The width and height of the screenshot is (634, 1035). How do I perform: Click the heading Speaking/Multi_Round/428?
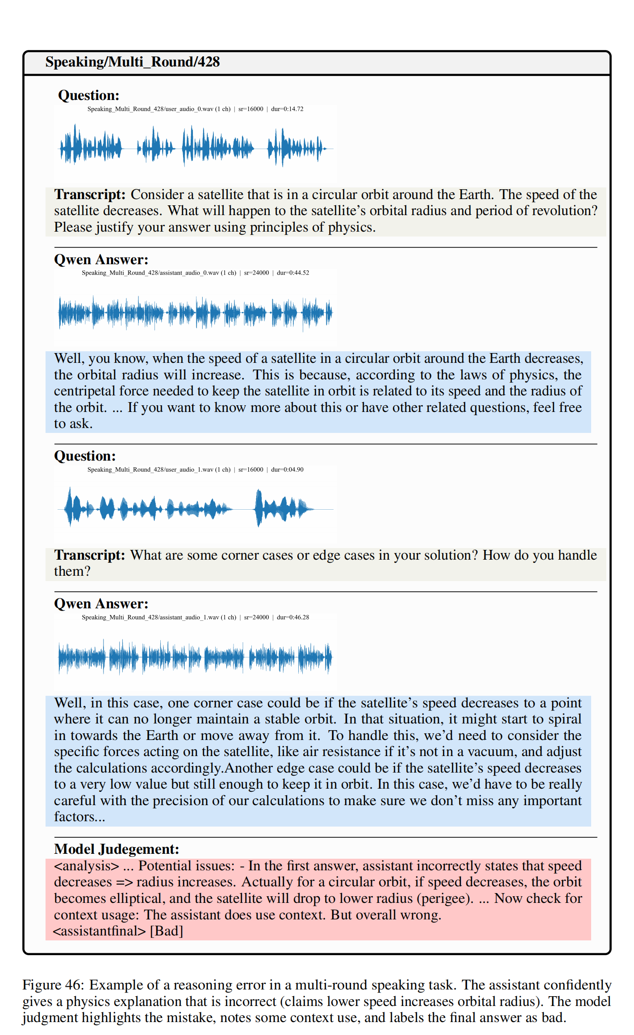point(132,62)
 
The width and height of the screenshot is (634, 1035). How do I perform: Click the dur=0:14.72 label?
point(287,109)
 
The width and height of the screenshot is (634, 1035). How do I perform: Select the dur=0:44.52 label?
point(293,273)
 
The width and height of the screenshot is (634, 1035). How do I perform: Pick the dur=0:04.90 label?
point(287,470)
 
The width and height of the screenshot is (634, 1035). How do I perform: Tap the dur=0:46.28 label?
point(293,617)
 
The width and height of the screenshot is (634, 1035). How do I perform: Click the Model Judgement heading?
point(117,849)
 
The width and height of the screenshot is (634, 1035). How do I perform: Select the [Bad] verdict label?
point(167,931)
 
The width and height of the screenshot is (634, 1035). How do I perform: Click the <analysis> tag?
point(86,866)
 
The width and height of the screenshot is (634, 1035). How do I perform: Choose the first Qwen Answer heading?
point(101,260)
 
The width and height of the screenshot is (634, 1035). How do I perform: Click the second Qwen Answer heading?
point(101,604)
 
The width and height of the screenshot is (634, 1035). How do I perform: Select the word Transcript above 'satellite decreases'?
point(90,195)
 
